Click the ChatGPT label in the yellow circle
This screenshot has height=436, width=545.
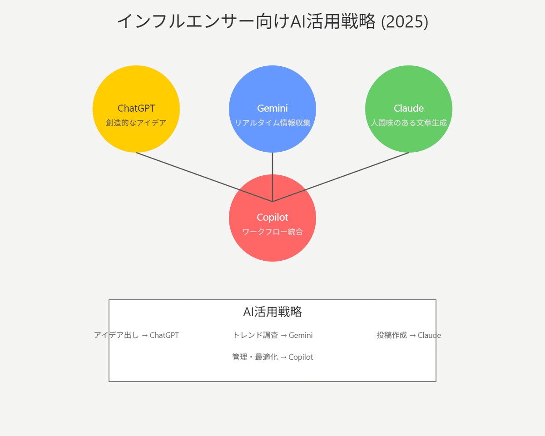pos(136,109)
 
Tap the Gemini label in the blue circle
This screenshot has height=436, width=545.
pos(272,109)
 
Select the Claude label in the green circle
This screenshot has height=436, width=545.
pos(408,109)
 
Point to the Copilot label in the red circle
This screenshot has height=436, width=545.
pos(272,218)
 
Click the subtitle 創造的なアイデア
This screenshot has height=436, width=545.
pos(136,123)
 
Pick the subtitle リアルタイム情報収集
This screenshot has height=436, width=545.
pos(272,123)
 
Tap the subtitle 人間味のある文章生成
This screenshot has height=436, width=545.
pos(408,123)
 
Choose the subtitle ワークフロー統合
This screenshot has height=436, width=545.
pos(272,232)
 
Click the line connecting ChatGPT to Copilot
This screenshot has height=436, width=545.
pos(204,177)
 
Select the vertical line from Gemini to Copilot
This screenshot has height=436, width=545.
pos(272,177)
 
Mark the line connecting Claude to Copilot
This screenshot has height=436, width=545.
pos(341,177)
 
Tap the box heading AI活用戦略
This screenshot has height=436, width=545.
pos(272,312)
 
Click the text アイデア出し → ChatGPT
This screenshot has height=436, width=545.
pos(136,335)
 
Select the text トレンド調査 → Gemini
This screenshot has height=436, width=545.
pos(272,335)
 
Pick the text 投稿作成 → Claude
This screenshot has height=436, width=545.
pos(408,335)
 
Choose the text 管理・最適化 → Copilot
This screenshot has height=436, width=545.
pos(272,357)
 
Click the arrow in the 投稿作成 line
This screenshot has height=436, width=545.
pos(412,336)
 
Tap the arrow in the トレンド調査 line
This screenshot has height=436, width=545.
pos(284,336)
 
